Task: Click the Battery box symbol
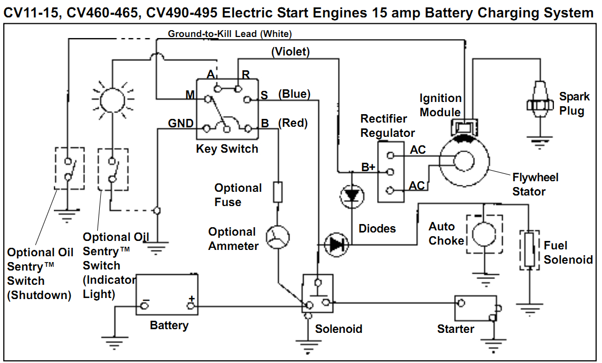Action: pyautogui.click(x=167, y=294)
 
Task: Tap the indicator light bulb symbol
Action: pyautogui.click(x=112, y=99)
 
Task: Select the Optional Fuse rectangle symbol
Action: pyautogui.click(x=278, y=192)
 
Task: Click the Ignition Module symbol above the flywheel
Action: pyautogui.click(x=463, y=127)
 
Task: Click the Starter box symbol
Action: pyautogui.click(x=476, y=308)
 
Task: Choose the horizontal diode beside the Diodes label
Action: pyautogui.click(x=336, y=245)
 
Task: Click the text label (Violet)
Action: pyautogui.click(x=290, y=52)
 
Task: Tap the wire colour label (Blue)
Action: pyautogui.click(x=294, y=94)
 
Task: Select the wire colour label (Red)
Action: pyautogui.click(x=292, y=123)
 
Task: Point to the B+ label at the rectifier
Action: pyautogui.click(x=368, y=167)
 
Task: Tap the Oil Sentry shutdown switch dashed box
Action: pyautogui.click(x=69, y=169)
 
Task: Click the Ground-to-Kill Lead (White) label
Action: pyautogui.click(x=230, y=34)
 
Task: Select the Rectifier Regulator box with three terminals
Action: pyautogui.click(x=391, y=172)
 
